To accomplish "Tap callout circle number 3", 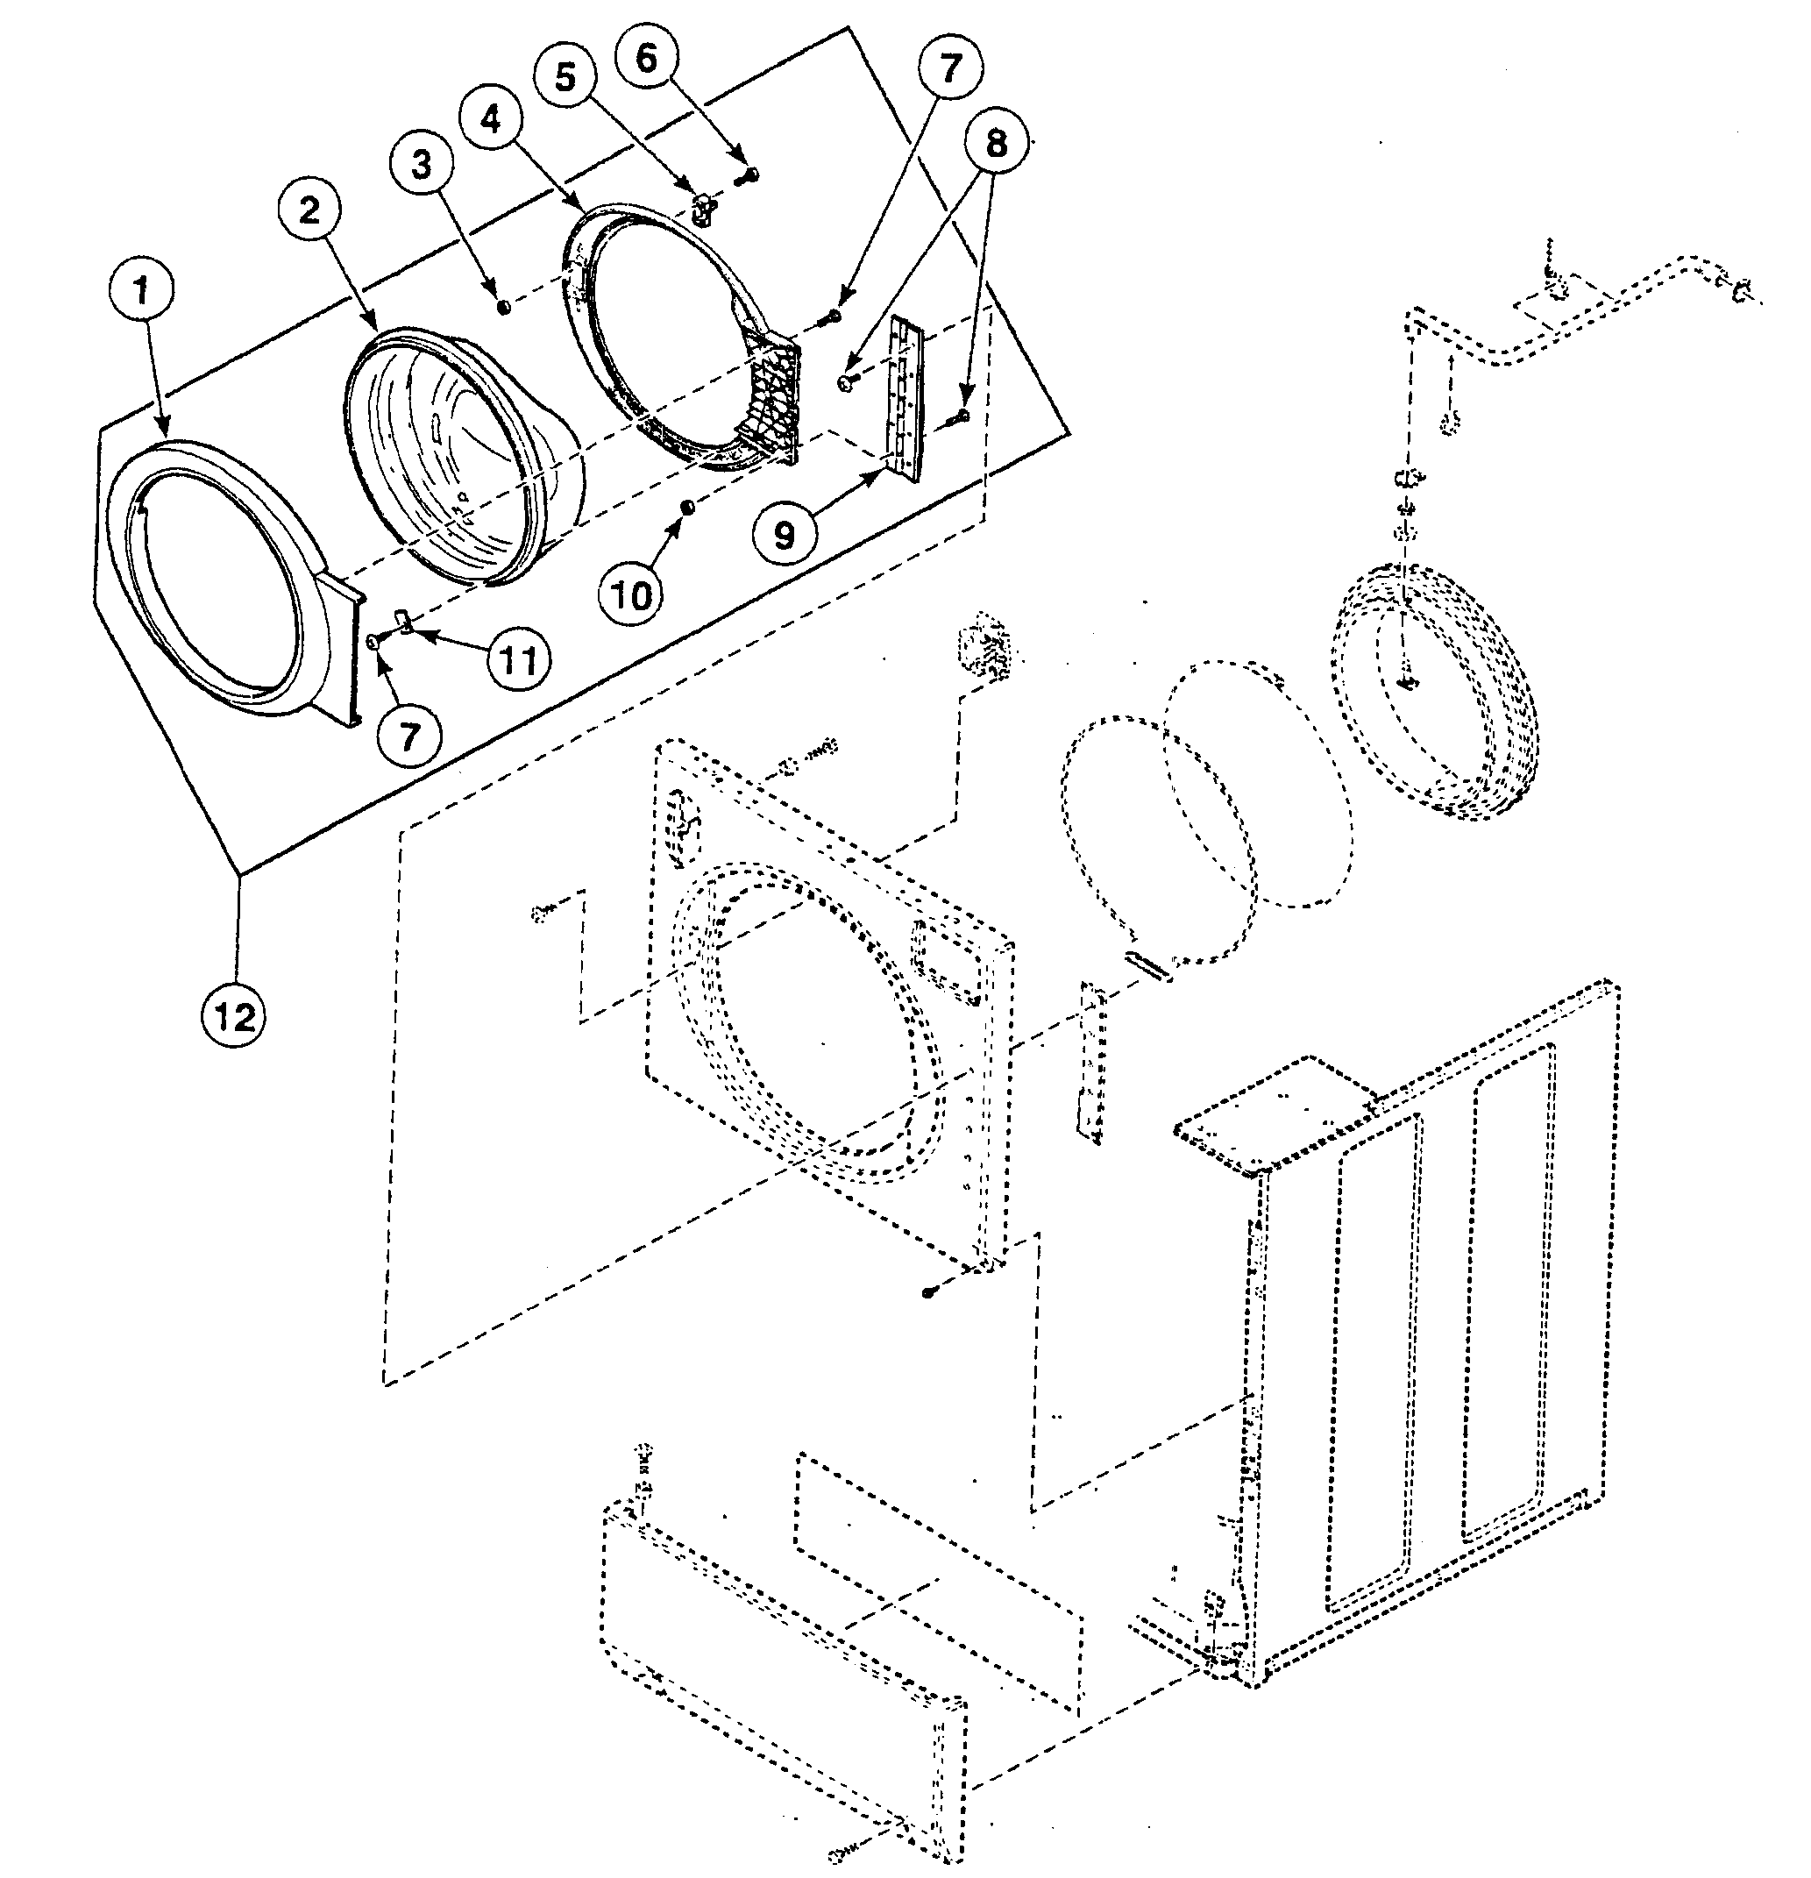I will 421,164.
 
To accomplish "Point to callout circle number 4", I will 490,120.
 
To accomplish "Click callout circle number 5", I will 565,76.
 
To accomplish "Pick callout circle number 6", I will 647,58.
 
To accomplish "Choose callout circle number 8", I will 996,144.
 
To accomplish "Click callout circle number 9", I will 784,534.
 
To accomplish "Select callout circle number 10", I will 630,595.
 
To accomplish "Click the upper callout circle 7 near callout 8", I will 948,69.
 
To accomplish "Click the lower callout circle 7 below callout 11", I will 409,736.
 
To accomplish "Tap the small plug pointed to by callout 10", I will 686,506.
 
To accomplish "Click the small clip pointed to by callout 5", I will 704,205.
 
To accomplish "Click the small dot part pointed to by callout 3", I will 502,307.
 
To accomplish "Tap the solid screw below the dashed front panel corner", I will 927,1292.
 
